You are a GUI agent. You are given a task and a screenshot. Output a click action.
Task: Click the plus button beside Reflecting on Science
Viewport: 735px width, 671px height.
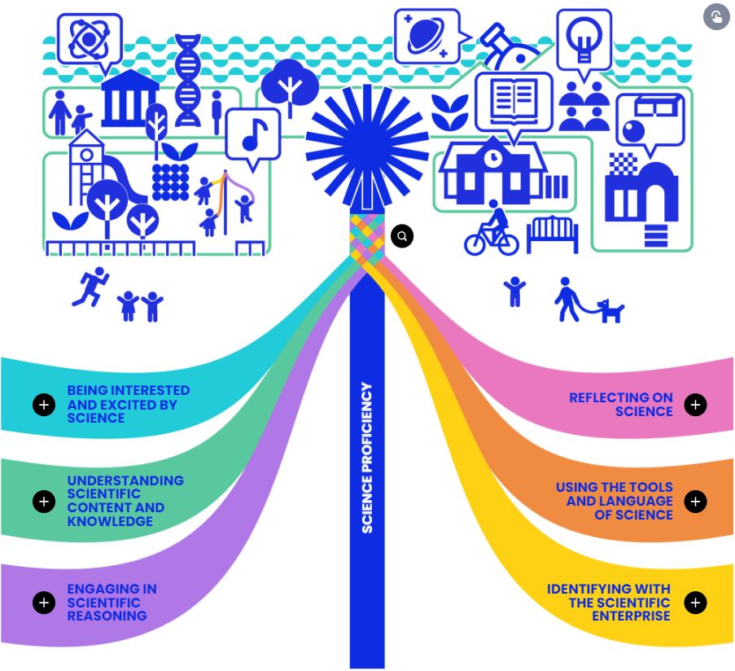point(695,405)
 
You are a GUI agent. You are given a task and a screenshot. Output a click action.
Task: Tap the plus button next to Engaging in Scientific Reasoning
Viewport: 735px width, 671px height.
point(44,603)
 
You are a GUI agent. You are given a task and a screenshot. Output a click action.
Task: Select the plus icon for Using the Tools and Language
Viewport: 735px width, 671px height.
point(695,502)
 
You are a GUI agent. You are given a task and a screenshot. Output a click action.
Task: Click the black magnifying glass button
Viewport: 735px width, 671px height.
point(402,236)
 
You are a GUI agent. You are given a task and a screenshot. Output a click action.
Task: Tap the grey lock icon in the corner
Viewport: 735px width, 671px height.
point(716,17)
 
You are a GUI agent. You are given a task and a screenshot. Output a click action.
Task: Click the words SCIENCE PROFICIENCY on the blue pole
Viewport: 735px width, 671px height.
point(367,458)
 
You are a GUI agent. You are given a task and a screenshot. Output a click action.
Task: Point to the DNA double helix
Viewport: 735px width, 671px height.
point(187,80)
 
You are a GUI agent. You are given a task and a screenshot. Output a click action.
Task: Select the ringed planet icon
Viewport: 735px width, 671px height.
point(427,37)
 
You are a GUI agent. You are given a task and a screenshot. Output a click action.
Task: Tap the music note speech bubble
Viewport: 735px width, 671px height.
point(253,136)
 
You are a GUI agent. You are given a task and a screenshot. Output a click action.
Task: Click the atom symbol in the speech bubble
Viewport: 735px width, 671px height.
point(89,38)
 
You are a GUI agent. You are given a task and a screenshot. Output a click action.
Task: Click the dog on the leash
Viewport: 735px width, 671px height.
point(610,311)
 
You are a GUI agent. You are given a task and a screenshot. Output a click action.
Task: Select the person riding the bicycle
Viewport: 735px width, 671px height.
point(492,228)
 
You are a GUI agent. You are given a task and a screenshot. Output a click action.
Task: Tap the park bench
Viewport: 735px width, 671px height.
point(552,234)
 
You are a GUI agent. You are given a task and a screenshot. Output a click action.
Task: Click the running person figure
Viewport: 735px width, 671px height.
point(90,287)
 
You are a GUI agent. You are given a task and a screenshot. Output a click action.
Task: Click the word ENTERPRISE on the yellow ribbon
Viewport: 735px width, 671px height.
point(631,616)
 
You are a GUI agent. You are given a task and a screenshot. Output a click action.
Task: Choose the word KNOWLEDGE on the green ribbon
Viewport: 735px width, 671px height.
point(110,521)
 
